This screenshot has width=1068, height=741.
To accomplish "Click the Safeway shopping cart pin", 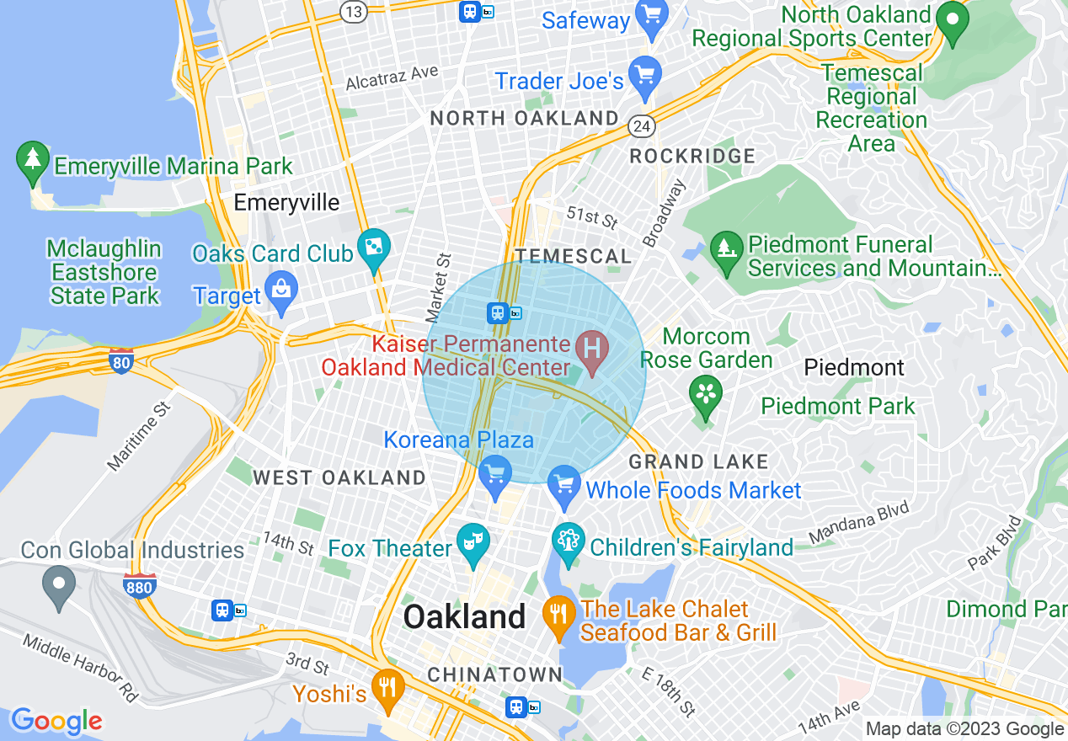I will click(x=651, y=18).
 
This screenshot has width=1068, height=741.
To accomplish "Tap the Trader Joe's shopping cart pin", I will click(x=645, y=77).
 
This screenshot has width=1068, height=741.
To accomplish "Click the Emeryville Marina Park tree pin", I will click(x=33, y=161).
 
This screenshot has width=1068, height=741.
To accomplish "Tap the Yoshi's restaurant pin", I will click(x=387, y=688).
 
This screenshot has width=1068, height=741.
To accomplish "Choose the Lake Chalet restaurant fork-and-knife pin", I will click(x=558, y=615).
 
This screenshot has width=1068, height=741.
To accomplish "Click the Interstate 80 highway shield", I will click(x=121, y=361).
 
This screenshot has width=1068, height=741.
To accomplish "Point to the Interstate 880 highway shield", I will click(x=139, y=585).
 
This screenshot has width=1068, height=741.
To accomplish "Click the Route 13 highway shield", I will click(x=353, y=10).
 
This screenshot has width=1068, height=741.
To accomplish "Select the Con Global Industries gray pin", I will click(x=59, y=586).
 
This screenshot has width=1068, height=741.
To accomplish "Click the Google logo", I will click(x=56, y=721).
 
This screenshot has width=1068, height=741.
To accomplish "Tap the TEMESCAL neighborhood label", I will click(x=573, y=256).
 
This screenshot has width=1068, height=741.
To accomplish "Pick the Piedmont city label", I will click(x=853, y=368).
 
